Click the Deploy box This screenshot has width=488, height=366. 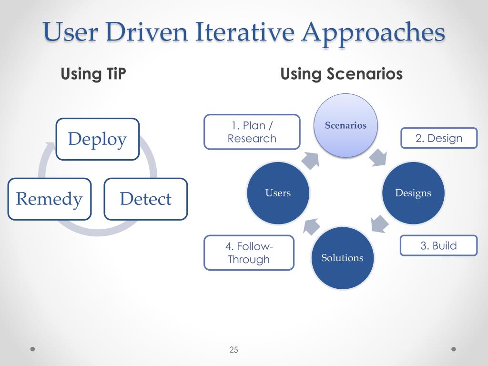(x=98, y=139)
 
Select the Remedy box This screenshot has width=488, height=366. (x=49, y=199)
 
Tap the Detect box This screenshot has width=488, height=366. (x=145, y=199)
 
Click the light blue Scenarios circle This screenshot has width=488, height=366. (x=346, y=125)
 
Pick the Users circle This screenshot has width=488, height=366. (x=278, y=193)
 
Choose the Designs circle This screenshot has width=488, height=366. (x=413, y=193)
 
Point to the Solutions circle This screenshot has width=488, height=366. (x=342, y=258)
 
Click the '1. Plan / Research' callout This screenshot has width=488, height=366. (x=252, y=132)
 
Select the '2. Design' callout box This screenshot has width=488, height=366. (x=438, y=138)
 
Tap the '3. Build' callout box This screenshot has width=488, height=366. (x=438, y=246)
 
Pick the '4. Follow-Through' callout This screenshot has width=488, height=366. (x=249, y=253)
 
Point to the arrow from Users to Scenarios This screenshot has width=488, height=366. (x=310, y=161)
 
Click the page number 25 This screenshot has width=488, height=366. (x=234, y=350)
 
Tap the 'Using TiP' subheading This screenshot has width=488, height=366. (x=93, y=74)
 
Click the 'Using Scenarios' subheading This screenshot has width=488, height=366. (x=341, y=74)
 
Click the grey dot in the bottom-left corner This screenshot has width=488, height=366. (x=33, y=349)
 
